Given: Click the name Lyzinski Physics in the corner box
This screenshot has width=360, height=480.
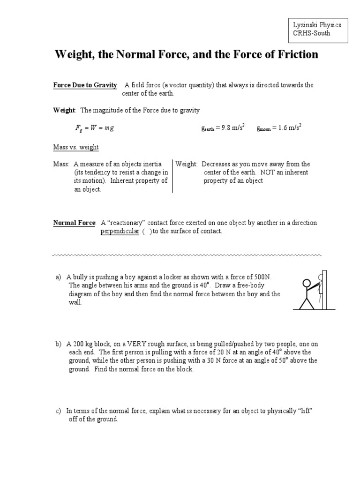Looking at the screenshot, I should (316, 25).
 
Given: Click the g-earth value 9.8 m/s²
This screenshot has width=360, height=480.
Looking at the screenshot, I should (232, 128).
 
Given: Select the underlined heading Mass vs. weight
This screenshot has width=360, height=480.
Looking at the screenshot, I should (76, 147).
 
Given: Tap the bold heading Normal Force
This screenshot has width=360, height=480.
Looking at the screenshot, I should (74, 223).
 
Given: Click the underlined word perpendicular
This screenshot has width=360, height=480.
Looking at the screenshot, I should (120, 231).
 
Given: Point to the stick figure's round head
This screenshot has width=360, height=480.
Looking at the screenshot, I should (307, 284).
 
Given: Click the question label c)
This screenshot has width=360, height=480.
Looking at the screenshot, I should (59, 411).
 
